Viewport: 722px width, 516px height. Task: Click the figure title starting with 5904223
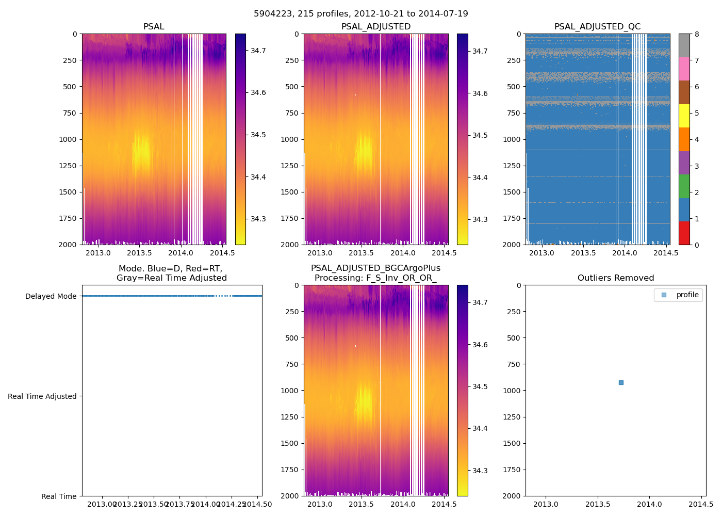coord(360,14)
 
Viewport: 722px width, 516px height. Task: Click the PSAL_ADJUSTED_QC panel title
coord(597,27)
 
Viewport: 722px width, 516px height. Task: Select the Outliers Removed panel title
coord(615,278)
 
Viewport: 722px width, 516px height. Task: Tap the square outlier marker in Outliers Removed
coord(621,382)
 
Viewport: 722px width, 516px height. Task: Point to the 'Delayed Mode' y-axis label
coord(51,296)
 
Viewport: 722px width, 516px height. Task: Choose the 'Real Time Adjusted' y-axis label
coord(42,396)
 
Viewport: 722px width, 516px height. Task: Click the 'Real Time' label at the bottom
coord(59,496)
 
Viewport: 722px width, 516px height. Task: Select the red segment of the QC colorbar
coord(684,233)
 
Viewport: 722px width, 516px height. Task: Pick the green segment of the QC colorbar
coord(684,186)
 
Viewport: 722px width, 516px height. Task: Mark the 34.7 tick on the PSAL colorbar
coord(258,51)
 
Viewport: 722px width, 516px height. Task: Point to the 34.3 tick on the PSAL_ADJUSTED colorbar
coord(480,219)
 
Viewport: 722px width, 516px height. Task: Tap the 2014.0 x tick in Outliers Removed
coord(650,504)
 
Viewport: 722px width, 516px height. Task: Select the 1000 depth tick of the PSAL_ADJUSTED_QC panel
coord(515,139)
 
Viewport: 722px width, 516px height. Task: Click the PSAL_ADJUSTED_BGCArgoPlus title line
coord(375,268)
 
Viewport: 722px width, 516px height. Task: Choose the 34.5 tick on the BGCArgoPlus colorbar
coord(480,386)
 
